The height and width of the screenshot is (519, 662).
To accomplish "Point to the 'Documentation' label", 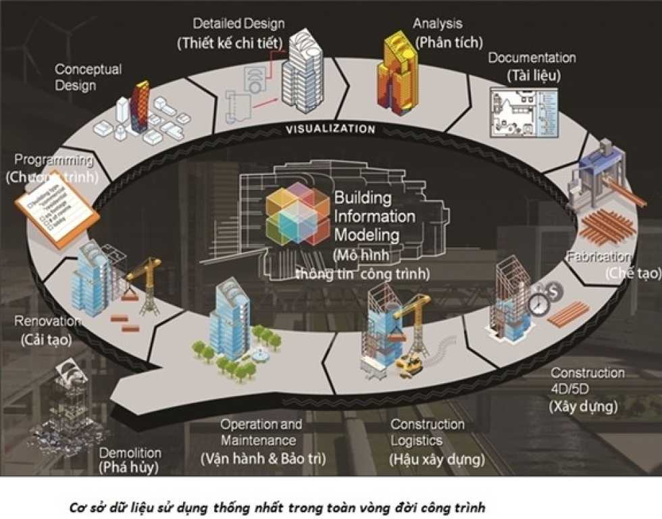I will point(532,58).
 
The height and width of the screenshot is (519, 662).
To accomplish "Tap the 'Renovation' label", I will point(48,321).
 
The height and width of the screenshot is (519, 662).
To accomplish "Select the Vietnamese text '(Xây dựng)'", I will point(583,407).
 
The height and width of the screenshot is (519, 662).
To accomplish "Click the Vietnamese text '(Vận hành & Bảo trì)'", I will point(263,459).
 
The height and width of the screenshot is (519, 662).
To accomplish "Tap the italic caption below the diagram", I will point(278,506).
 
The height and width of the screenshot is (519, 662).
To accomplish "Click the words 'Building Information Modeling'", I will point(374,217).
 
